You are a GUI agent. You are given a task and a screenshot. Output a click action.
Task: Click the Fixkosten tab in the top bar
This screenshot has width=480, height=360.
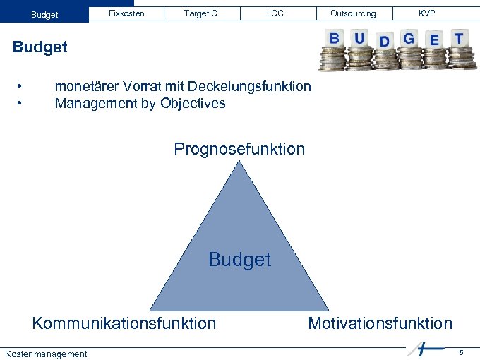(x=127, y=13)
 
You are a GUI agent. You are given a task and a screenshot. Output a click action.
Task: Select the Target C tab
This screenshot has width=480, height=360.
(x=200, y=13)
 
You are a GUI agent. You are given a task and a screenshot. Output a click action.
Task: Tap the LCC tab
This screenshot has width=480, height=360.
(x=275, y=13)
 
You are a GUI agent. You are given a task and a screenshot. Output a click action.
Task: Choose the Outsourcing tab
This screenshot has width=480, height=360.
(x=353, y=13)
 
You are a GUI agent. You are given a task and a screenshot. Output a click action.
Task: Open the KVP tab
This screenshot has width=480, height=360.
(x=427, y=13)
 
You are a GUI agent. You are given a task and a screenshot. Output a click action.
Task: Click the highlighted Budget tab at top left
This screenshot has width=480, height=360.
(x=44, y=14)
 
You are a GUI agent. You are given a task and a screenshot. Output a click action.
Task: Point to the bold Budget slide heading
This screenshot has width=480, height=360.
(x=40, y=47)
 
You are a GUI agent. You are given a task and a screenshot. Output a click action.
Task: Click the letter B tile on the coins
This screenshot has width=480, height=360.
(x=335, y=38)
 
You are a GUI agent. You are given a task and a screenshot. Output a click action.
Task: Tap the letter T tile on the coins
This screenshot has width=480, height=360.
(x=459, y=38)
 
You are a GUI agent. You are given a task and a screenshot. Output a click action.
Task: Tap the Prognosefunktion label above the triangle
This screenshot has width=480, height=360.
(x=239, y=149)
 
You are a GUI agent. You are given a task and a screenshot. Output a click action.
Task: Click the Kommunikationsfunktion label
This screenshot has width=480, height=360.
(x=124, y=323)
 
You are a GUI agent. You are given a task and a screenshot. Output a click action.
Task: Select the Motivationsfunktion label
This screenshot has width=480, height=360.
(x=380, y=323)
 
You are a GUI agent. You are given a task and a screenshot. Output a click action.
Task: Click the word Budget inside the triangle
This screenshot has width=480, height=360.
(x=239, y=260)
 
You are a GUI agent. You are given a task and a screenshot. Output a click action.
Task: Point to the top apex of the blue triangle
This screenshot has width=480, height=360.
(x=239, y=163)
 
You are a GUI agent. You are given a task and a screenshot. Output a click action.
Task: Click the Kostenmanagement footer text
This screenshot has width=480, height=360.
(x=46, y=354)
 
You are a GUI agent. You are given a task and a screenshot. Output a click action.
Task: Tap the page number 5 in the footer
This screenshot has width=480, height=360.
(x=461, y=352)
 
